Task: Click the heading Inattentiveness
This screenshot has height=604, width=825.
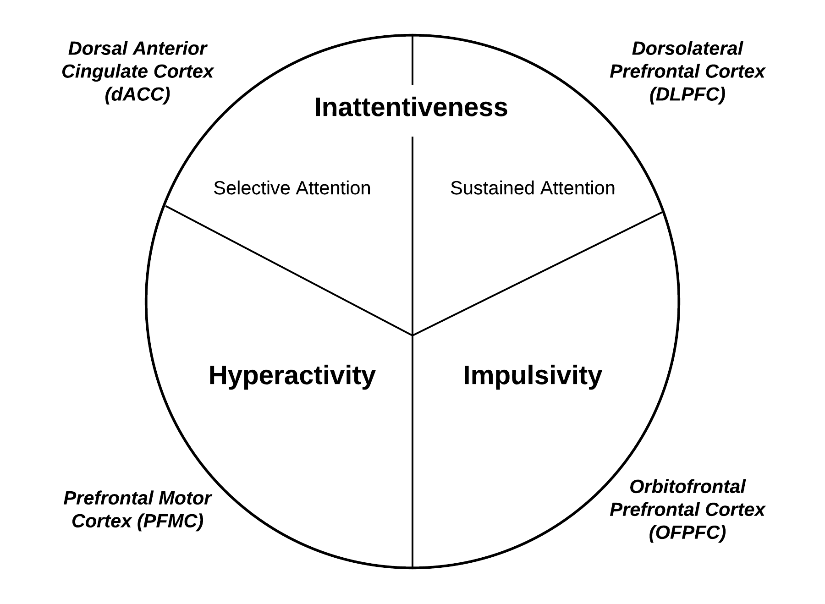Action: tap(411, 108)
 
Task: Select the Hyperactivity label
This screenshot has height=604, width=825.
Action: tap(292, 375)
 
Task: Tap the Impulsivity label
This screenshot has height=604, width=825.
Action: tap(533, 375)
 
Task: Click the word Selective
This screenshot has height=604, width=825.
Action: tap(252, 188)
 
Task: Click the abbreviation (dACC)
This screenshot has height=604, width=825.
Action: tap(137, 94)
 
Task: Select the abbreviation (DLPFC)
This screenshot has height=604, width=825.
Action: tap(687, 94)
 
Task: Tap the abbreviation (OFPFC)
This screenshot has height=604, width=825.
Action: tap(687, 533)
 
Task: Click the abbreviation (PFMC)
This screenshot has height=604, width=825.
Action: tap(170, 521)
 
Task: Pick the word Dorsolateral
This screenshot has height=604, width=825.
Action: tap(687, 49)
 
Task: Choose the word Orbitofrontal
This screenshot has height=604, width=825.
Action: tap(687, 487)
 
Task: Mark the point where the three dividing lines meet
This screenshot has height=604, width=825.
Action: tap(412, 335)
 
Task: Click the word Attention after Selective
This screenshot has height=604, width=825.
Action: tap(333, 188)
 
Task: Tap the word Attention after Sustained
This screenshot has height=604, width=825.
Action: tap(577, 188)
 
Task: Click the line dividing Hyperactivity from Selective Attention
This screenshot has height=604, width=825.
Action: tap(289, 270)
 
